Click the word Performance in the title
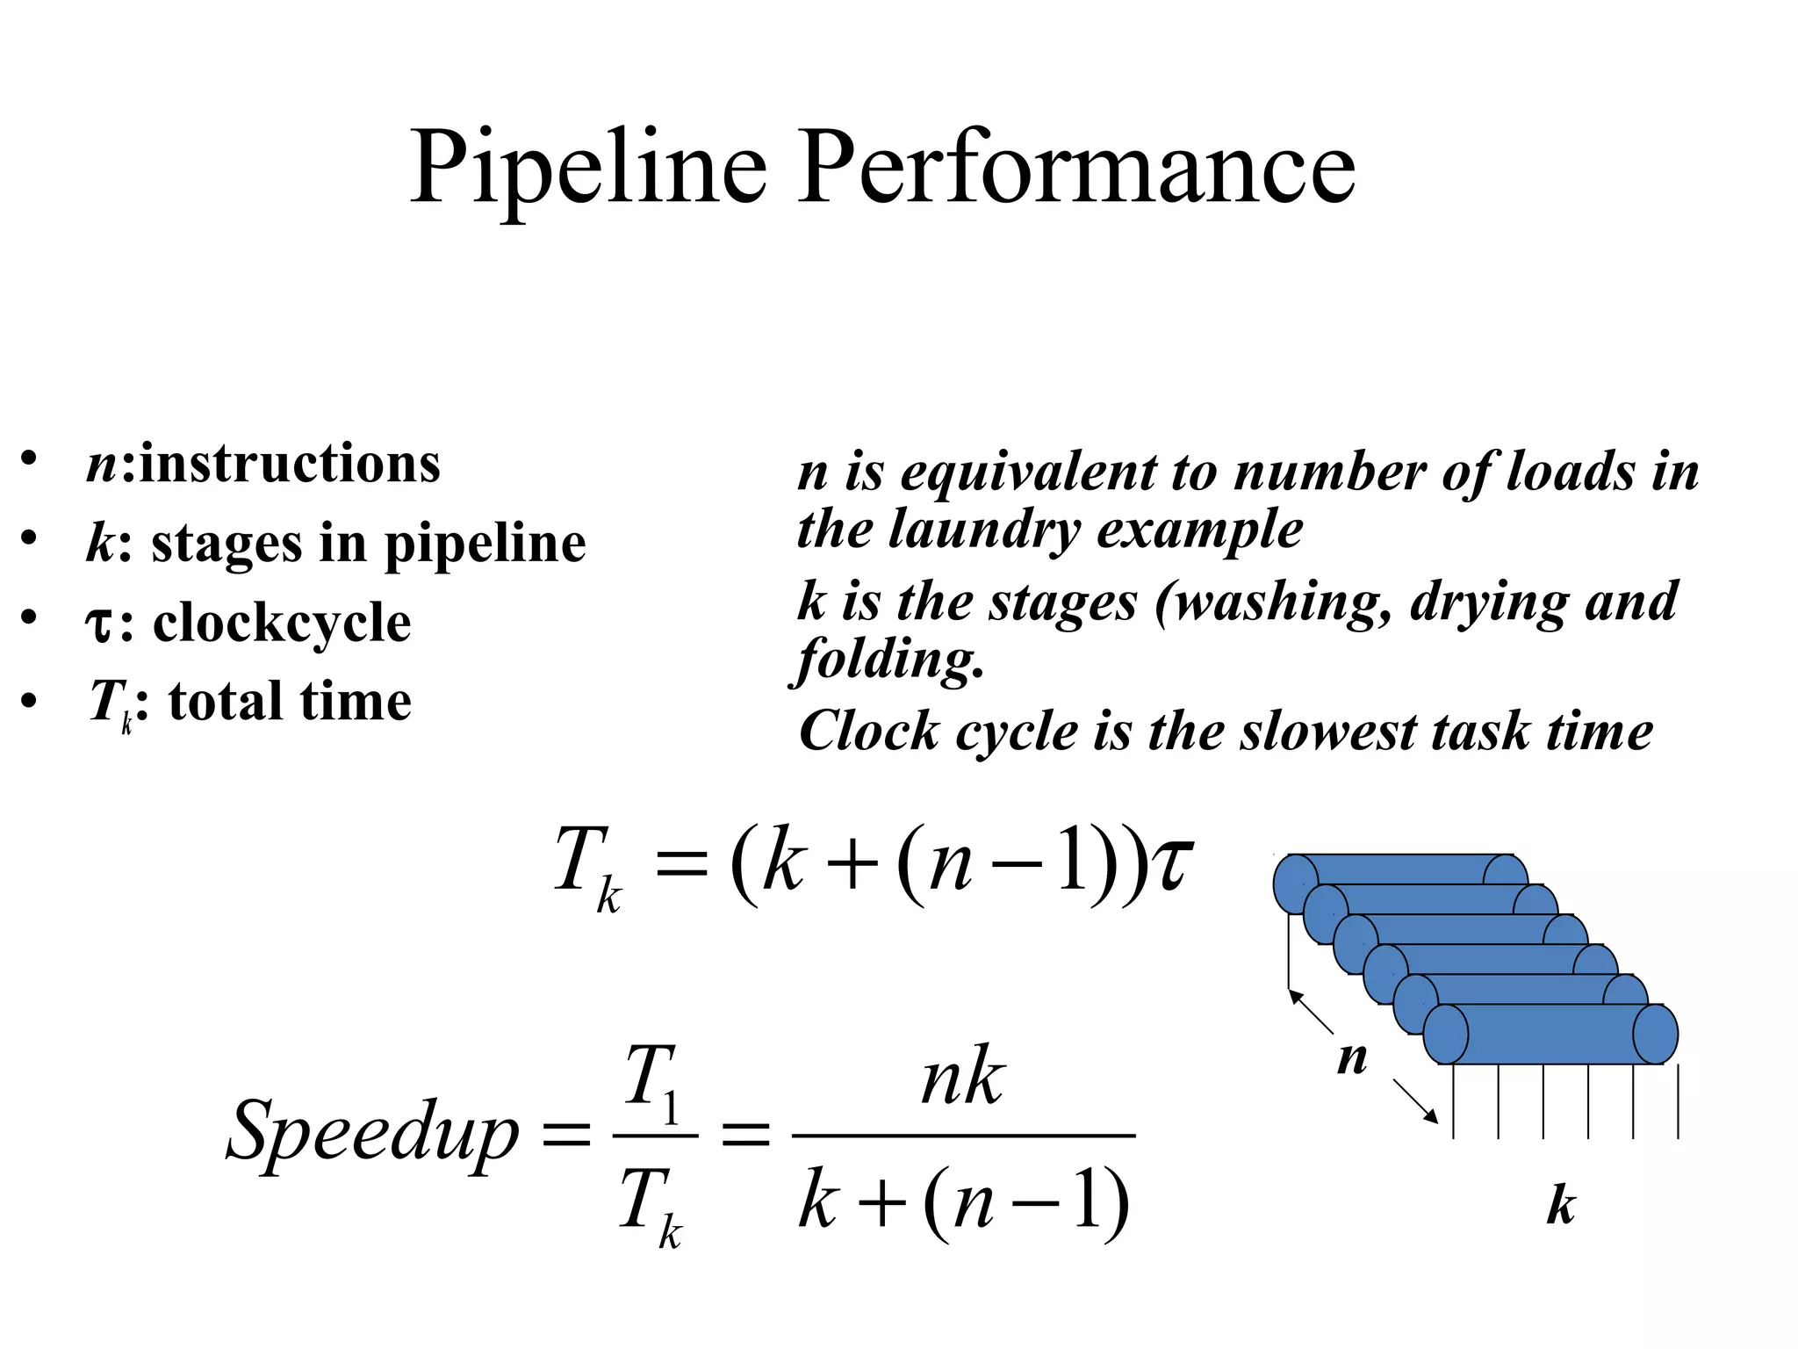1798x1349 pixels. tap(1076, 167)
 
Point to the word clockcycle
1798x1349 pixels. tap(282, 623)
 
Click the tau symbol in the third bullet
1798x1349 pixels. tap(98, 624)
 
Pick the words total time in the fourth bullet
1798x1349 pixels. tap(290, 702)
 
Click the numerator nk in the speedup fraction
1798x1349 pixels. tap(962, 1077)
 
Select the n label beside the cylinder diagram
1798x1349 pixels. tap(1352, 1058)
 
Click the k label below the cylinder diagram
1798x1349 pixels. tap(1560, 1205)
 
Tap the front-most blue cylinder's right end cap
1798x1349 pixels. tap(1655, 1035)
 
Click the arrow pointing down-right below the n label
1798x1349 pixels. tap(1415, 1101)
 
